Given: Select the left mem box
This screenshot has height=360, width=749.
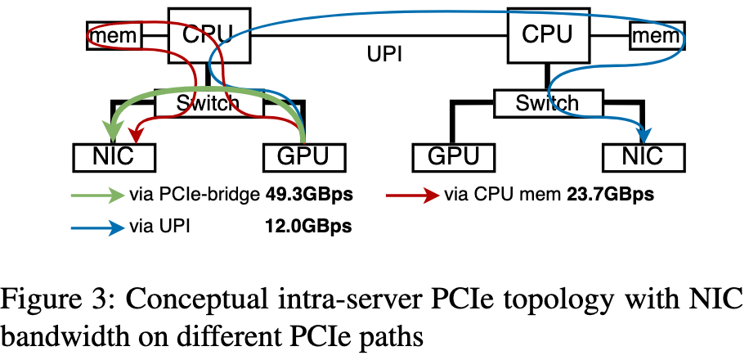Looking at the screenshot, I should click(114, 35).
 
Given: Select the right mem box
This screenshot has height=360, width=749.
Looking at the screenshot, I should click(654, 35).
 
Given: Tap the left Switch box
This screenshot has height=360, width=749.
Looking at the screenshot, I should click(209, 102).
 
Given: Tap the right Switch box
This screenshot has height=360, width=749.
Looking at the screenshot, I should click(547, 102).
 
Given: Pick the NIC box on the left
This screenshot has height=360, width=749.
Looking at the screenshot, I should click(114, 155).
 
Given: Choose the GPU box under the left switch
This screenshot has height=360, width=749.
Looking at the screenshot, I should click(303, 155).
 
